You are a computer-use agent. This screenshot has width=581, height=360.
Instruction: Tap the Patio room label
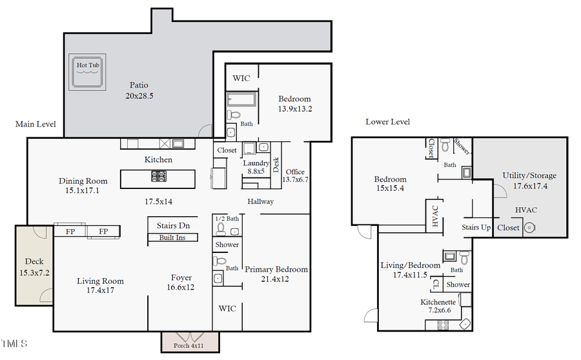click(x=139, y=90)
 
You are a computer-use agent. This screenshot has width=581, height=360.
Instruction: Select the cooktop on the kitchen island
click(x=159, y=175)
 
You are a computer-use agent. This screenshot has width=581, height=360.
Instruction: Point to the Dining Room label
click(x=83, y=185)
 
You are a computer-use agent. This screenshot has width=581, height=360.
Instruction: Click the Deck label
click(x=34, y=266)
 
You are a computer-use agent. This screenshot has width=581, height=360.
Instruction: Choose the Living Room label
click(x=100, y=286)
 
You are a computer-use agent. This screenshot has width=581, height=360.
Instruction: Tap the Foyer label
click(x=181, y=282)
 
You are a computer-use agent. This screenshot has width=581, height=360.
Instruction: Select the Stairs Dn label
click(x=173, y=226)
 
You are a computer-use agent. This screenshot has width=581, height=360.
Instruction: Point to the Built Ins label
click(x=173, y=237)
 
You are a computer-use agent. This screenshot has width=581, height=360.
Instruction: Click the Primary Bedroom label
click(x=276, y=274)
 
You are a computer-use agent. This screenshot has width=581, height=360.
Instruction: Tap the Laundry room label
click(x=256, y=168)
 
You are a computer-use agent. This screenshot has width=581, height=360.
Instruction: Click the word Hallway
click(x=261, y=201)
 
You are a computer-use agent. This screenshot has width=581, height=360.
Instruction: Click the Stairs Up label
click(x=476, y=227)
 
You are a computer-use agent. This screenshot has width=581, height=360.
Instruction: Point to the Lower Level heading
click(x=387, y=121)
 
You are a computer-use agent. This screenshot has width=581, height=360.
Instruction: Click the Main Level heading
click(x=36, y=124)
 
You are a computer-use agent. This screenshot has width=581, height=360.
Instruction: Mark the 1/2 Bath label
click(x=226, y=218)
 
